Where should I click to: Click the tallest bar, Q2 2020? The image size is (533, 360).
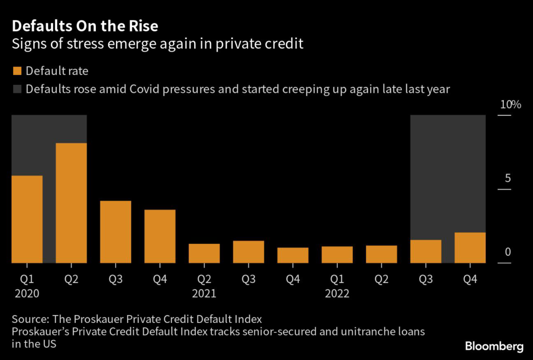tap(71, 203)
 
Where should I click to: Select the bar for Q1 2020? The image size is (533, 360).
tap(27, 219)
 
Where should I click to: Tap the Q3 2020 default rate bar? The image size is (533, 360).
tap(116, 231)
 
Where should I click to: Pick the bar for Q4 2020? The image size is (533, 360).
tap(160, 236)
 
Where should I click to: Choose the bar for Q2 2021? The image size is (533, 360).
tap(204, 253)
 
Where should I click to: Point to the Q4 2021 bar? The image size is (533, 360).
tap(293, 255)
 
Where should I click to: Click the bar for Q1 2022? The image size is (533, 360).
tap(337, 254)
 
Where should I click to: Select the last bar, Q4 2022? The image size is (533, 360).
tap(470, 247)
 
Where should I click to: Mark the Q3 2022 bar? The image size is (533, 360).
tap(426, 251)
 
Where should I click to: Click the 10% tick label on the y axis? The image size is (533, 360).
tap(510, 105)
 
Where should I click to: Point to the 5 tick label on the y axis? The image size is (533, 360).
tap(508, 179)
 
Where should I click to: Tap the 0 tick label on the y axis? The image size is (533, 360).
tap(508, 253)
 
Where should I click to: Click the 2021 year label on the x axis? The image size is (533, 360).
tap(204, 294)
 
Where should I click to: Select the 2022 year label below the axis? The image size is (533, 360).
tap(337, 294)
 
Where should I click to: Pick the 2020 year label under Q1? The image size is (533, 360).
tap(27, 294)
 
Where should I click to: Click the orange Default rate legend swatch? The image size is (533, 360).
tap(17, 71)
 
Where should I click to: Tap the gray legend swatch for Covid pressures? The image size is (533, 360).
tap(17, 89)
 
